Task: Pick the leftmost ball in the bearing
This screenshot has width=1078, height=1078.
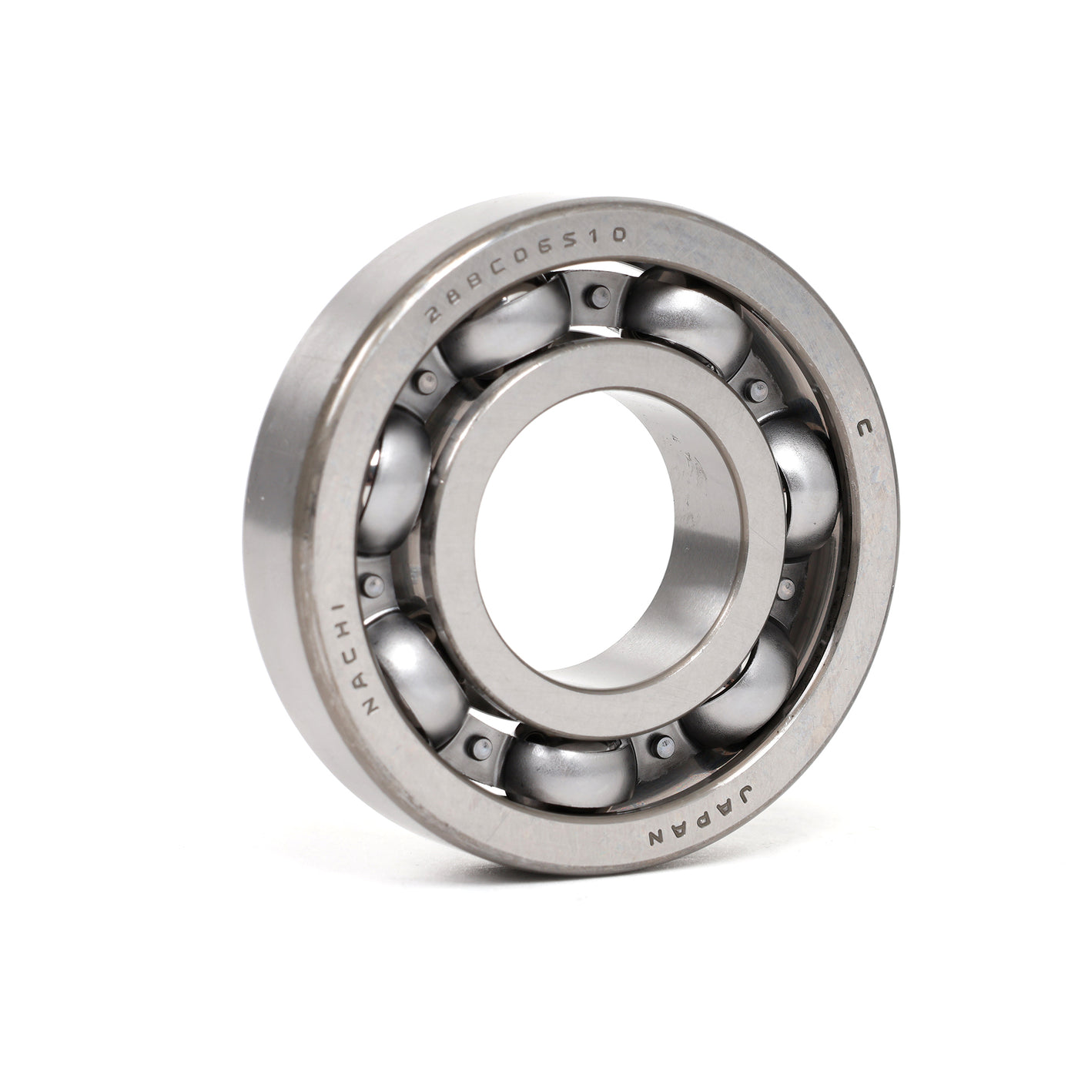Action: [393, 485]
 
